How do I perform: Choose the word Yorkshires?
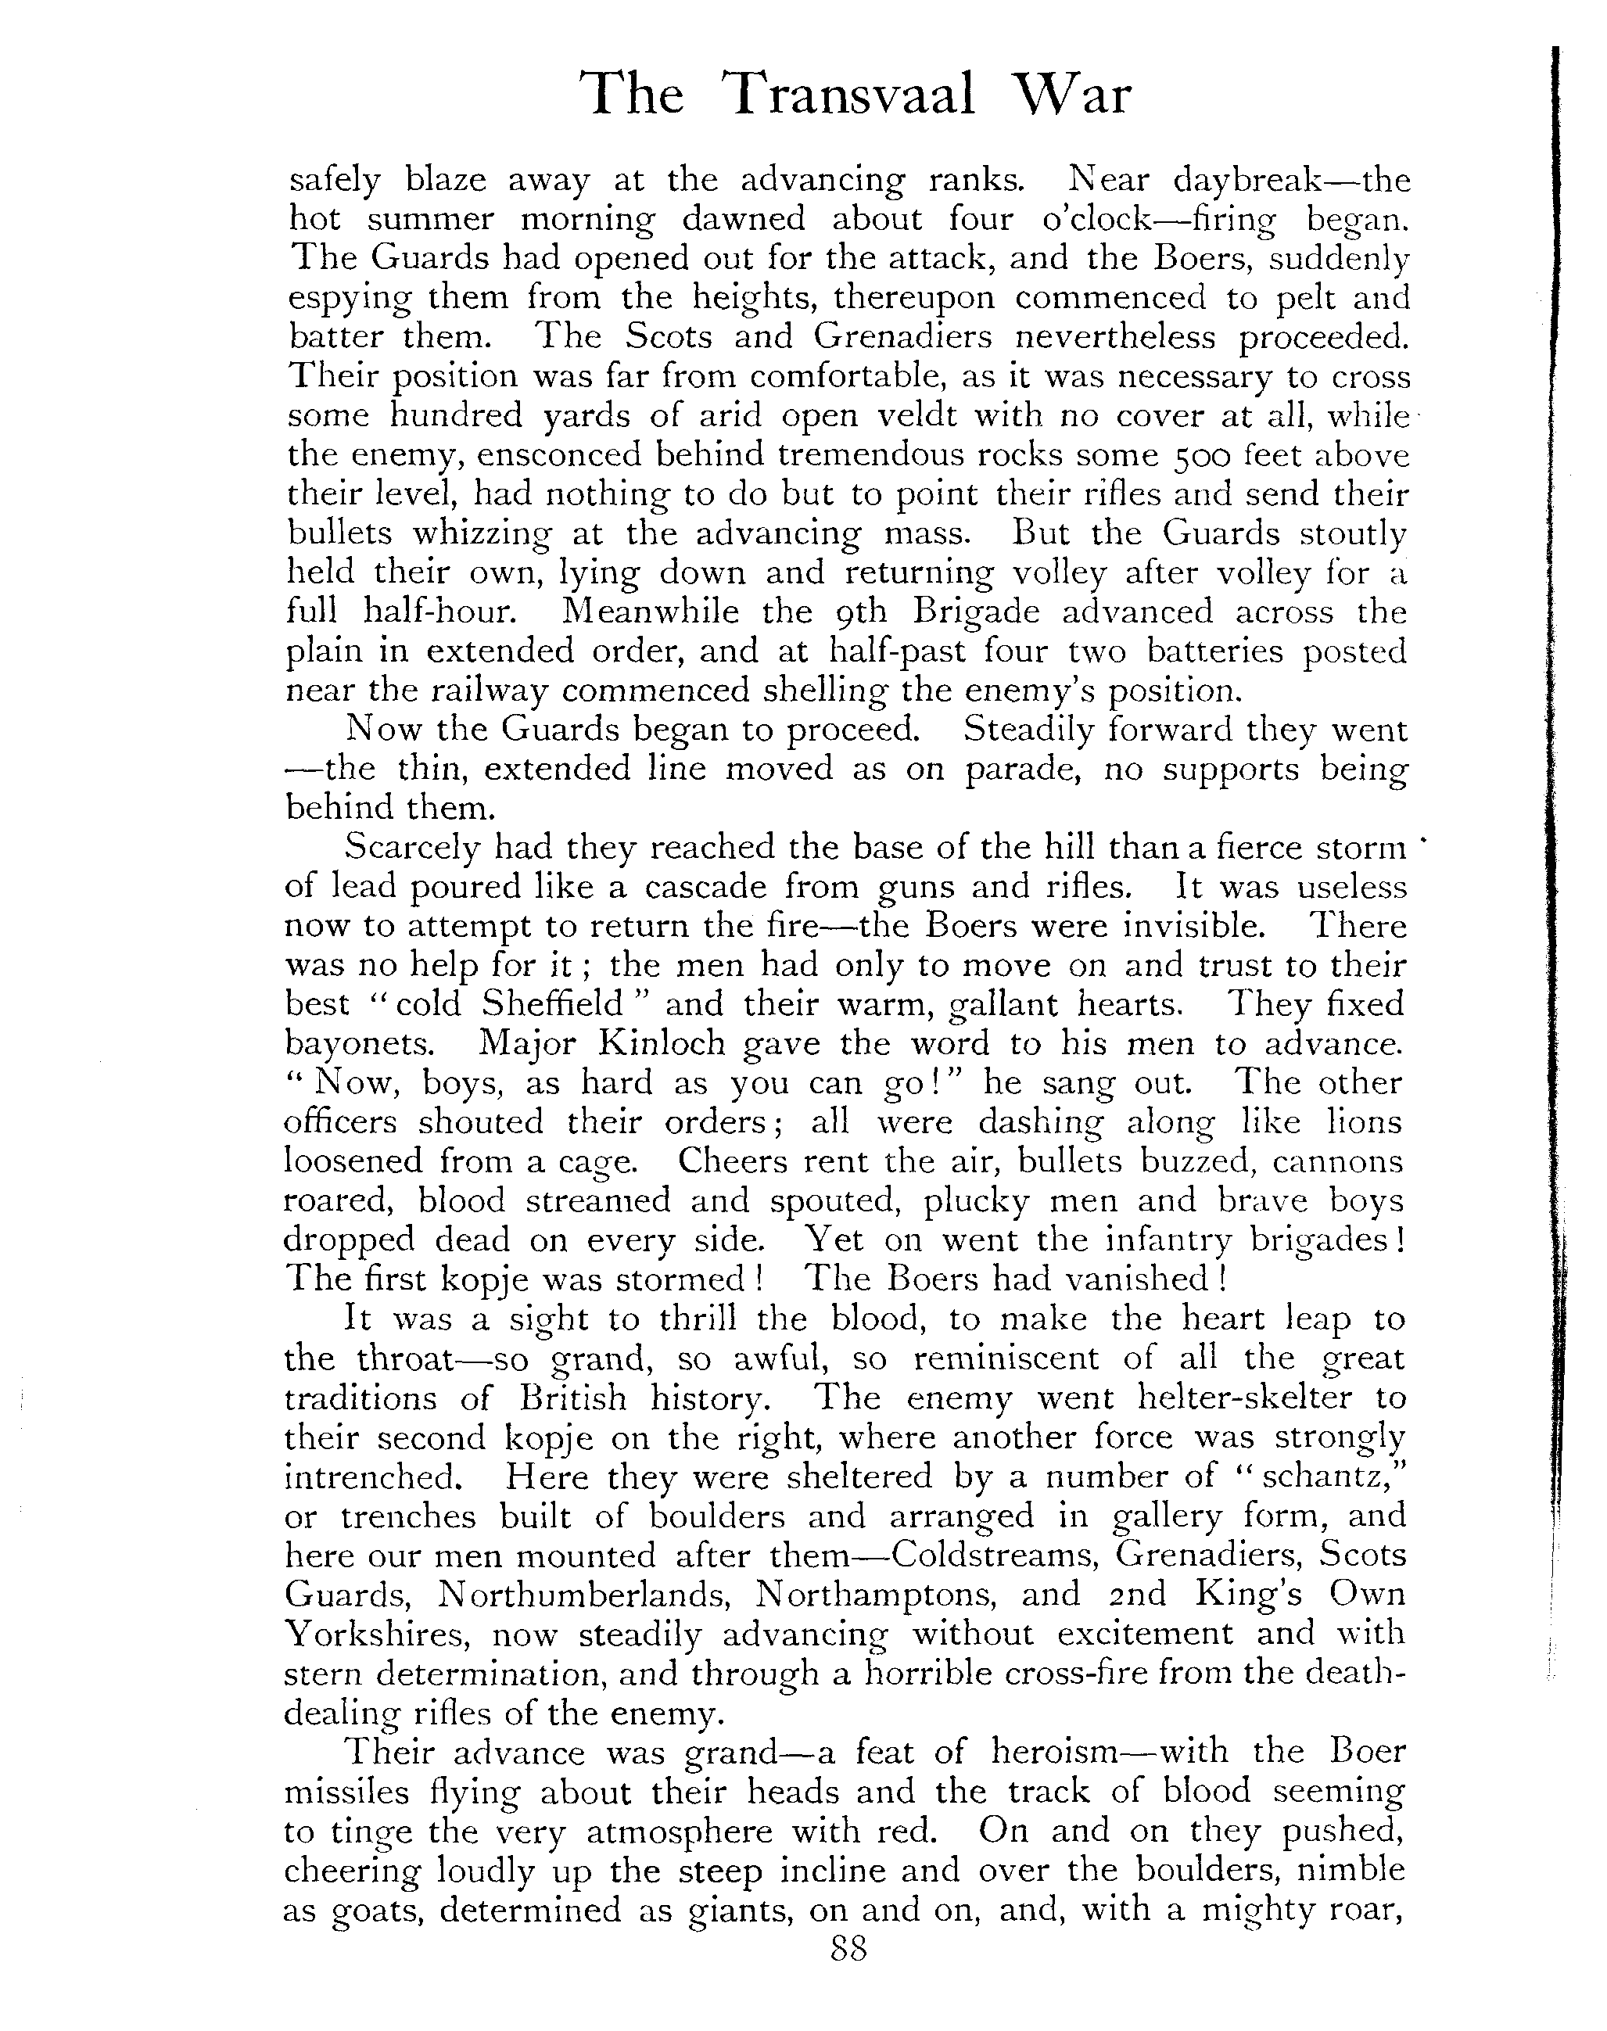[377, 1634]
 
